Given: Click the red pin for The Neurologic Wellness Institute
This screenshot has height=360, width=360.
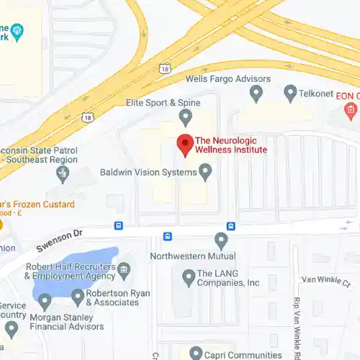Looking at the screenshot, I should point(185,144).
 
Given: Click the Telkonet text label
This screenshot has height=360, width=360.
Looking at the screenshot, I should point(316,93).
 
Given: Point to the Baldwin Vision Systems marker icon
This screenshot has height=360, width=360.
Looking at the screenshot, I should point(205,172).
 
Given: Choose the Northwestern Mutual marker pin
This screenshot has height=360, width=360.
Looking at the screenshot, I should point(221,240).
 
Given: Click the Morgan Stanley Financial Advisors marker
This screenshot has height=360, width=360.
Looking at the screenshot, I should point(45,300).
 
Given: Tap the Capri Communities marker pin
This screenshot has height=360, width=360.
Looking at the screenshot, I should point(195,353).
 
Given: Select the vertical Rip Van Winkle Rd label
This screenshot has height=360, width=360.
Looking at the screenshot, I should point(297,321).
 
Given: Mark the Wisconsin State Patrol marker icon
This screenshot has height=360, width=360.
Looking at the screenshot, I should point(63,172).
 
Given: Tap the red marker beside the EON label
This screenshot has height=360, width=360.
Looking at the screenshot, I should point(351,109).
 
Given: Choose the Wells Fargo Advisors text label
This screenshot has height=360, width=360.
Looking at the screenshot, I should point(218,78).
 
